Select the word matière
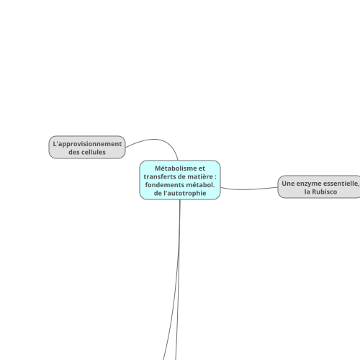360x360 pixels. (x=200, y=176)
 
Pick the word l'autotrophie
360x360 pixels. (x=184, y=193)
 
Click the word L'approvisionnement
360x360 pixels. (x=87, y=144)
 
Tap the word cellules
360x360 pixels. (x=94, y=152)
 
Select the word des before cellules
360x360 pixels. (x=73, y=152)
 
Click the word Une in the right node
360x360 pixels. (x=288, y=184)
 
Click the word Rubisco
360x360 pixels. (x=325, y=192)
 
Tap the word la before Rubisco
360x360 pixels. (x=307, y=192)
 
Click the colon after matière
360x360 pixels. (x=215, y=177)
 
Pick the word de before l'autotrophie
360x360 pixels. (x=158, y=193)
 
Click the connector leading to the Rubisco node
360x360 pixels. (x=249, y=189)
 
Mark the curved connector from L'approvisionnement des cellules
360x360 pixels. (x=153, y=139)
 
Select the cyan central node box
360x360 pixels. (x=180, y=180)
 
